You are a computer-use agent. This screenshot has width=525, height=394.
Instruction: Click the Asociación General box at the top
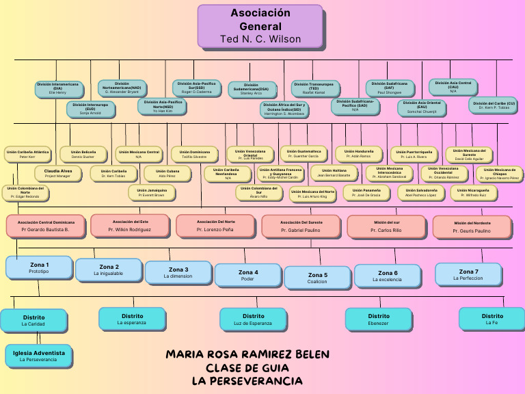260,26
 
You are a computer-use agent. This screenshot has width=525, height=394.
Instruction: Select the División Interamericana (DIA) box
57,88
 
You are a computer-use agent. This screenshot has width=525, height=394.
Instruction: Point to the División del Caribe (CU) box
494,105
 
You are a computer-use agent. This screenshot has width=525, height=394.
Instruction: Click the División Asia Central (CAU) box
453,87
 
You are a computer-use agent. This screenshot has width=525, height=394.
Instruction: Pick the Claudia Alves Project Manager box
58,173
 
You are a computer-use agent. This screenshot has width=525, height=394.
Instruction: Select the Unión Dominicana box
194,154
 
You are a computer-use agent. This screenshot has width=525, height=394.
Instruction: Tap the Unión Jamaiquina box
151,192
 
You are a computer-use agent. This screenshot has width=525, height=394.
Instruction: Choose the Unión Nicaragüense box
473,192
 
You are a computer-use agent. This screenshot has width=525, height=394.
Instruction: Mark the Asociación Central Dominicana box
46,226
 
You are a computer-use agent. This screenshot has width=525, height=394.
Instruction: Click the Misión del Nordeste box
472,226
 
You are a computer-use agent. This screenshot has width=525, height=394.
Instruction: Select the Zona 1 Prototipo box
39,267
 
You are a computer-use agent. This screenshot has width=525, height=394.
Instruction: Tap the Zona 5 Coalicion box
317,278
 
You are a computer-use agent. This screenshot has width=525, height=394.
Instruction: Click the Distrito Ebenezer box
378,319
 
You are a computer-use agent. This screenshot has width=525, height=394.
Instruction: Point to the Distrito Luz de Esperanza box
253,319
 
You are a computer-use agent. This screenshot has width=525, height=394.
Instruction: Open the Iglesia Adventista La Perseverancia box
39,356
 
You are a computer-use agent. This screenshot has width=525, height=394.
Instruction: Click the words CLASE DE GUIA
247,367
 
